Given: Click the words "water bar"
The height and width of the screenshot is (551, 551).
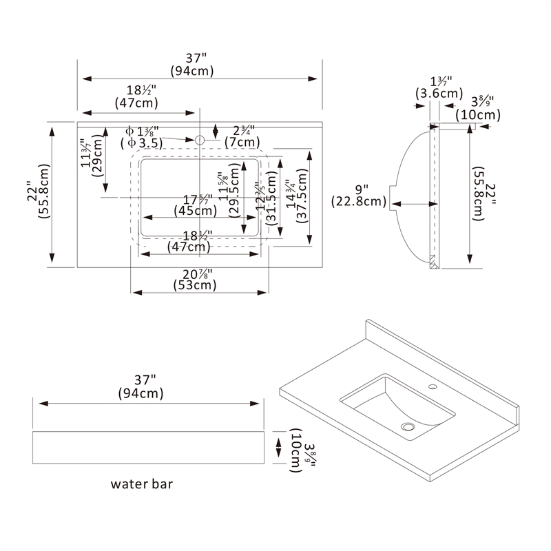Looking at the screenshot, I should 142,484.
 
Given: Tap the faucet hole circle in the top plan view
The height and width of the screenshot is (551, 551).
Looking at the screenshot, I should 200,140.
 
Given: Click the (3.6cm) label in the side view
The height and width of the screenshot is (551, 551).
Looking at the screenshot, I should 439,93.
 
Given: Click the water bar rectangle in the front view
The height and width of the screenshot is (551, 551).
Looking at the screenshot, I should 149,447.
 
